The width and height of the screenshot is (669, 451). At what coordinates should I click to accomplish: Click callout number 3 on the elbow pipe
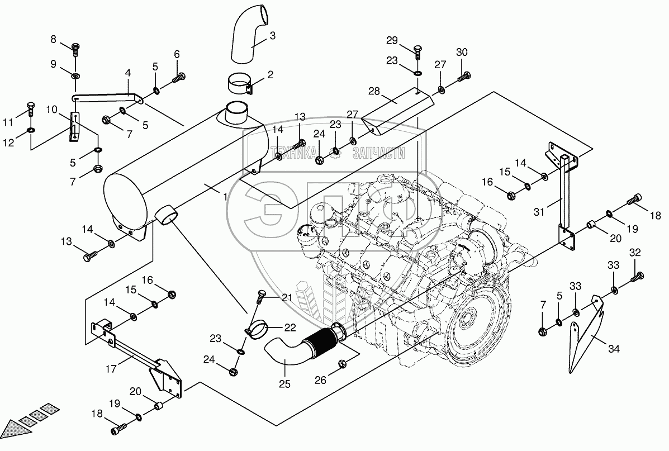click(x=272, y=36)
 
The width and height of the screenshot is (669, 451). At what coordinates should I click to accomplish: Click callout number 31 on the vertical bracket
click(x=539, y=212)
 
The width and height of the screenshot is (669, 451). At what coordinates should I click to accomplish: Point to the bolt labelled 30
click(x=463, y=78)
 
